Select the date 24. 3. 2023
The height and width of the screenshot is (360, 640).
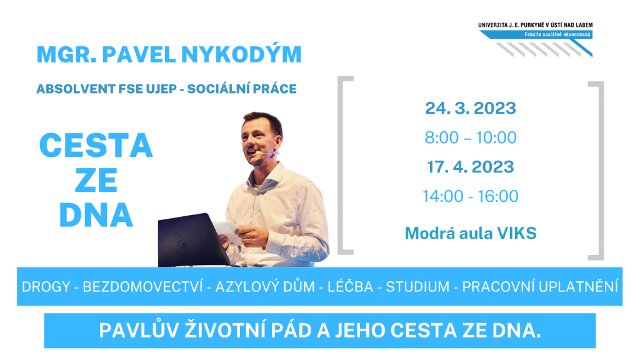[x=471, y=108]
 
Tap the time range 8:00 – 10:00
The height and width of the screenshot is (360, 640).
[x=471, y=137]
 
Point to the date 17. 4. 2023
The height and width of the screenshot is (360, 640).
[x=471, y=167]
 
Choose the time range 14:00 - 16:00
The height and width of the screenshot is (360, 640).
[x=471, y=196]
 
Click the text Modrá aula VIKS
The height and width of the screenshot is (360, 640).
[x=471, y=234]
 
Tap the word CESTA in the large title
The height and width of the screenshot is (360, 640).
[x=96, y=145]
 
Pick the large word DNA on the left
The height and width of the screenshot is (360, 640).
[x=96, y=215]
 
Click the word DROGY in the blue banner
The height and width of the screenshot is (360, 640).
[x=46, y=286]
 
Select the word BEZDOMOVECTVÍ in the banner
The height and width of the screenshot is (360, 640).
[x=143, y=286]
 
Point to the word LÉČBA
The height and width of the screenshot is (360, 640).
[x=350, y=286]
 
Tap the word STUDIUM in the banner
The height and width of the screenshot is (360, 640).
[x=417, y=286]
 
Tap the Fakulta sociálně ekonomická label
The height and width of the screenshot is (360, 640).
[x=557, y=35]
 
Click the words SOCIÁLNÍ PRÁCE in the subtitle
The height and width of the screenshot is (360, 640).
[x=242, y=89]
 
